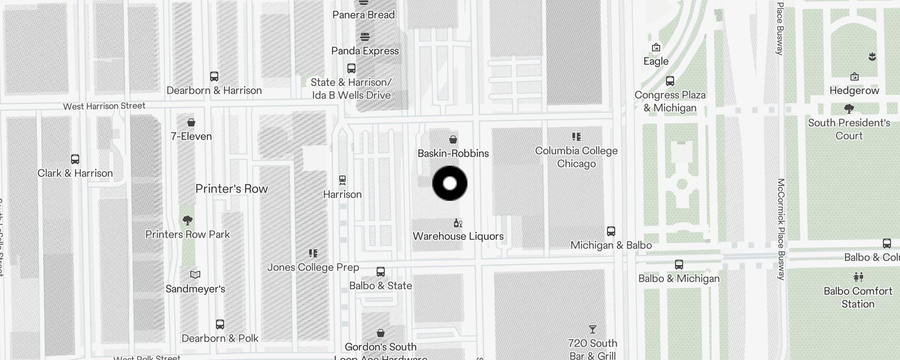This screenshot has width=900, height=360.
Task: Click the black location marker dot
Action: (450, 183)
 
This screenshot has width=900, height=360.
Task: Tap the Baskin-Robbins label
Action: (453, 153)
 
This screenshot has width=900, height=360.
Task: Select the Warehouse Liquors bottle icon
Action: (458, 223)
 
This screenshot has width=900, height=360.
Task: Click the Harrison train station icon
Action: (342, 180)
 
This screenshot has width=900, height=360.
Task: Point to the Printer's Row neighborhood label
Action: (231, 189)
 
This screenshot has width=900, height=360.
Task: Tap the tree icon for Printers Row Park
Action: (188, 220)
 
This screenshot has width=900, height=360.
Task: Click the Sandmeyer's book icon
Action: (195, 274)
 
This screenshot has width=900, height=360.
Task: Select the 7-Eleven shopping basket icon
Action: (191, 122)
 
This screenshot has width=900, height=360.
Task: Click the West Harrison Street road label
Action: (104, 106)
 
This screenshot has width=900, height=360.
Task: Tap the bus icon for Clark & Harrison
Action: (75, 159)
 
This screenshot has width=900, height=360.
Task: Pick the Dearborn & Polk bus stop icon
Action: (220, 324)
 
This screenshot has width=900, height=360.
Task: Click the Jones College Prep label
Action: (313, 267)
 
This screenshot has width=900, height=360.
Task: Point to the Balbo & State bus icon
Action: (381, 272)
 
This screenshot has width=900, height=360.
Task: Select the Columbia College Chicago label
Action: (576, 157)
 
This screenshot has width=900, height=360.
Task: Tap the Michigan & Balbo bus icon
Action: (611, 231)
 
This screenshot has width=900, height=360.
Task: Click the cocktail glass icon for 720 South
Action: (593, 330)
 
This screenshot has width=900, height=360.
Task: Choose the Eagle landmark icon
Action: (656, 47)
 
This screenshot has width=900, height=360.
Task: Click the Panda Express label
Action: (365, 51)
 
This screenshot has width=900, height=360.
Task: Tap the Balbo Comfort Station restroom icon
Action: (858, 277)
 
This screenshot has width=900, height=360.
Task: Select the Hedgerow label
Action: (854, 90)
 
